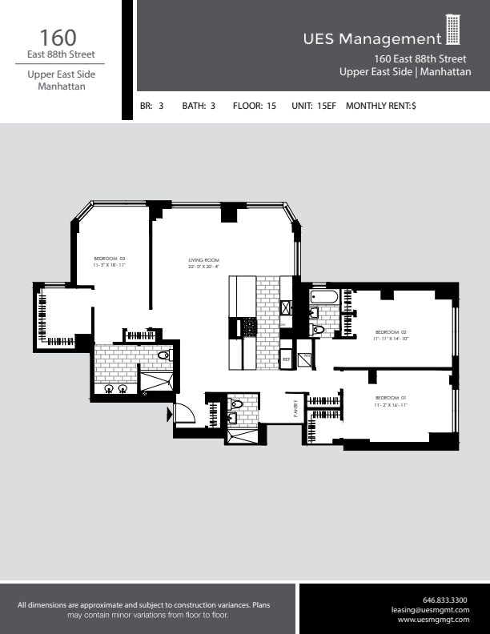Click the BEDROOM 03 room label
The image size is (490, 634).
pyautogui.click(x=110, y=258)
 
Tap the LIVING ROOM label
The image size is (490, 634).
pyautogui.click(x=203, y=260)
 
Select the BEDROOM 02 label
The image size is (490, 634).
pyautogui.click(x=392, y=331)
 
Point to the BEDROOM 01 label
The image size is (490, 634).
pyautogui.click(x=392, y=398)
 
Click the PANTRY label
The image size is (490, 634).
pyautogui.click(x=295, y=408)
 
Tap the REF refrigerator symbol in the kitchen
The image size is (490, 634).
pyautogui.click(x=286, y=360)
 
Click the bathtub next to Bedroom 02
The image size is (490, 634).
pyautogui.click(x=324, y=299)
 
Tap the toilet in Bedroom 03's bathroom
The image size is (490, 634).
pyautogui.click(x=164, y=355)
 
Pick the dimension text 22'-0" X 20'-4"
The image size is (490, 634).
pyautogui.click(x=203, y=267)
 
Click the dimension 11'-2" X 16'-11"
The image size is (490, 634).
pyautogui.click(x=392, y=406)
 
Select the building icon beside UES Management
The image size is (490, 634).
pyautogui.click(x=453, y=30)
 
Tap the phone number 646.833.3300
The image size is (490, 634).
pyautogui.click(x=444, y=600)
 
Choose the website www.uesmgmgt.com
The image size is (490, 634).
pyautogui.click(x=433, y=620)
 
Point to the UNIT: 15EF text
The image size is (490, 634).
pyautogui.click(x=313, y=105)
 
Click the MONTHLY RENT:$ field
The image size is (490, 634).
pyautogui.click(x=380, y=105)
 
